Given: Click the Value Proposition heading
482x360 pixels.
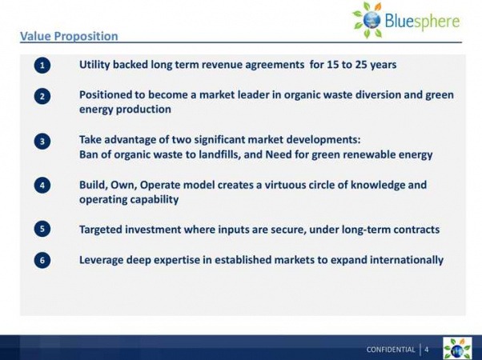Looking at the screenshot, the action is (69, 36).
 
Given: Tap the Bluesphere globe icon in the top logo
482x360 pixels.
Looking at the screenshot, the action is (372, 20).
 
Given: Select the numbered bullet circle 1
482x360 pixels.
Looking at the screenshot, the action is (42, 65).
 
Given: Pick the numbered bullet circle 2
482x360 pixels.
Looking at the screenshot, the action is (42, 96).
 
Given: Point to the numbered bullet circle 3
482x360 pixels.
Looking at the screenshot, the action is (42, 142).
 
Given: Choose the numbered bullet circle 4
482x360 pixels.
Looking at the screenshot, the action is (42, 186).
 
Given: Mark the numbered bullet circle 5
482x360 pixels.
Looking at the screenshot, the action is (42, 229).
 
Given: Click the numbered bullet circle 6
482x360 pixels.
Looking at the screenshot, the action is (42, 261).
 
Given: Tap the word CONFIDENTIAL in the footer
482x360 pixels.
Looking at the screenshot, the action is (391, 350).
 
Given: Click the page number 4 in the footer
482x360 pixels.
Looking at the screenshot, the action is (427, 350).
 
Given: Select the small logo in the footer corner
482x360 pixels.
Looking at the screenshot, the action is (457, 348).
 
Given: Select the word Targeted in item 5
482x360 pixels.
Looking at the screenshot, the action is (101, 230).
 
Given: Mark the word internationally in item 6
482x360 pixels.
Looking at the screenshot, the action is (407, 260).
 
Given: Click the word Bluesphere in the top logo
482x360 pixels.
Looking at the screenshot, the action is (422, 21).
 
